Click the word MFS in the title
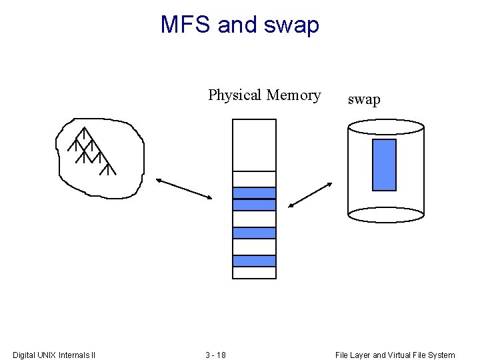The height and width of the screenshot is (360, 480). [186, 25]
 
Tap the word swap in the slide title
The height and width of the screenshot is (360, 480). [292, 25]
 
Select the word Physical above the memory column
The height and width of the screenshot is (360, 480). [235, 95]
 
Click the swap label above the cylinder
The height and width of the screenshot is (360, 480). [364, 100]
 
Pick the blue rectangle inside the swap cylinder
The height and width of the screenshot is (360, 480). [384, 165]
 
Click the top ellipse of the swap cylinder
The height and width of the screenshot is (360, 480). [386, 127]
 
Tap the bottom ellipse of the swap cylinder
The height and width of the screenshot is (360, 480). [386, 215]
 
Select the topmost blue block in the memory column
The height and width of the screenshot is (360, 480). [254, 193]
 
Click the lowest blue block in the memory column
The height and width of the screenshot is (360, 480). [254, 261]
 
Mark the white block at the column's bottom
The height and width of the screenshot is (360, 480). [254, 273]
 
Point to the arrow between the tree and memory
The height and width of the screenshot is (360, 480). [184, 189]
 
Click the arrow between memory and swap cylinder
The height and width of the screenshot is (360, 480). [311, 195]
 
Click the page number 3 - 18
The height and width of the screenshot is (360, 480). [215, 355]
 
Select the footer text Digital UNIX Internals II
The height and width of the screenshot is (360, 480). [54, 355]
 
